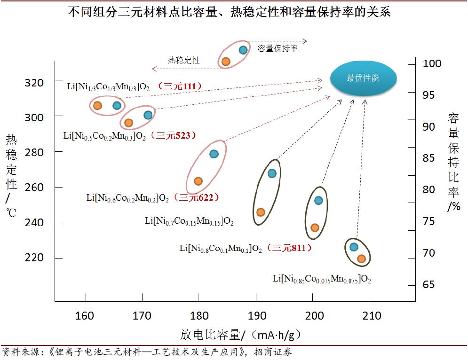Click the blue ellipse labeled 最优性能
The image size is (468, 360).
coord(364,78)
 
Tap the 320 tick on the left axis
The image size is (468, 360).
coord(34,83)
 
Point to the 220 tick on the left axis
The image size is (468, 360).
coord(34,258)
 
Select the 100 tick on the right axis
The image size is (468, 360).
coord(432,63)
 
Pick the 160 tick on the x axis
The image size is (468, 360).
coord(85,316)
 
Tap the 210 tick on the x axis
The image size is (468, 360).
coord(372,316)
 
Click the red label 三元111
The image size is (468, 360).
coord(180,86)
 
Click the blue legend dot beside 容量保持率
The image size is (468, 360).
coord(243,50)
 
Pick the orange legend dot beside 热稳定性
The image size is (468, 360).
coord(226,61)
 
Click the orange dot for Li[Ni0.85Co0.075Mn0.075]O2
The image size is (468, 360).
coord(361,258)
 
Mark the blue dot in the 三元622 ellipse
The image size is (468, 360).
coord(214,154)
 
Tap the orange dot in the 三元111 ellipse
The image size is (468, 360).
coord(97,106)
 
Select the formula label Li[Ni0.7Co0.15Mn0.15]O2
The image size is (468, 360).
coord(189,220)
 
